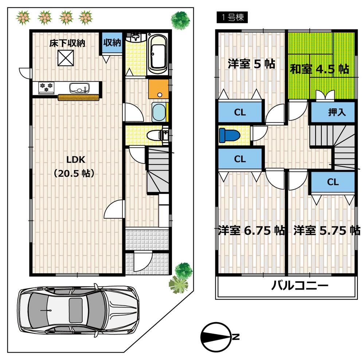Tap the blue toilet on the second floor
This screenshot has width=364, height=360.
229,135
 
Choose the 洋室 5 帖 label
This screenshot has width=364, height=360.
251,64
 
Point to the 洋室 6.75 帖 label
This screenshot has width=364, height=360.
251,231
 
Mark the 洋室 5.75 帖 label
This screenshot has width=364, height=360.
326,231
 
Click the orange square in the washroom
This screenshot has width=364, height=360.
158,89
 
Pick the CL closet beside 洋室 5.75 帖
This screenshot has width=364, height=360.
333,182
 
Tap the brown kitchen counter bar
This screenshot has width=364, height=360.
79,97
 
